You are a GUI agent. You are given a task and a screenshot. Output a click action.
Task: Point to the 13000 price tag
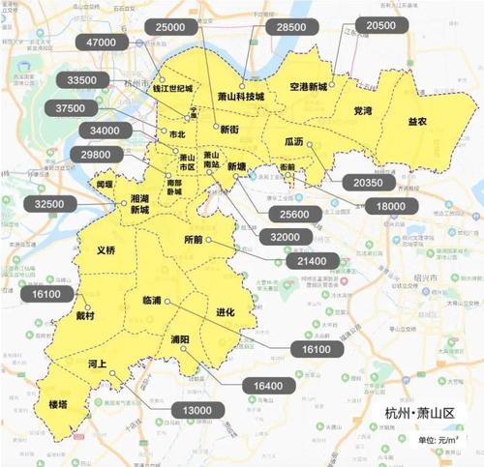[196, 412]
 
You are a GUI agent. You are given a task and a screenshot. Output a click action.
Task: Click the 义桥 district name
[106, 250]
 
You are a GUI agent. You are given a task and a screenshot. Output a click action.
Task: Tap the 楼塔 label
[60, 404]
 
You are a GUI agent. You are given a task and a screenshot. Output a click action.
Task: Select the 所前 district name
[195, 239]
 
